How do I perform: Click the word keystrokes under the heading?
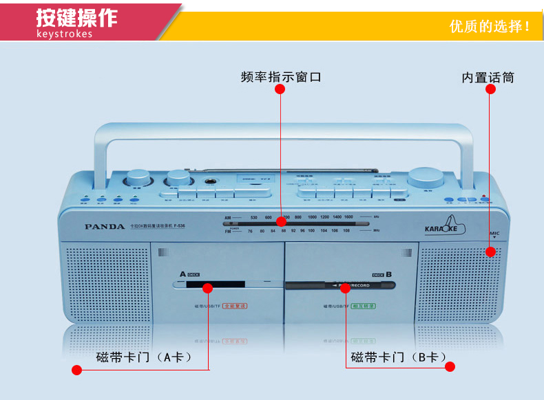click(x=63, y=34)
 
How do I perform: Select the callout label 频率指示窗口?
click(x=281, y=77)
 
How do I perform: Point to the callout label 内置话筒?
click(x=488, y=78)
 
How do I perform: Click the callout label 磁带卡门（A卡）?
click(x=143, y=357)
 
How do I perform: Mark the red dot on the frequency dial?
click(x=280, y=221)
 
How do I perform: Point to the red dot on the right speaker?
click(x=490, y=252)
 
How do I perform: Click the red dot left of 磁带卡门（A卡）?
click(x=77, y=370)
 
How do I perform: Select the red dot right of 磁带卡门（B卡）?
click(x=450, y=367)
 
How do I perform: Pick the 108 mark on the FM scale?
click(x=346, y=231)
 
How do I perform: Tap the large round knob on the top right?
click(x=425, y=177)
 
